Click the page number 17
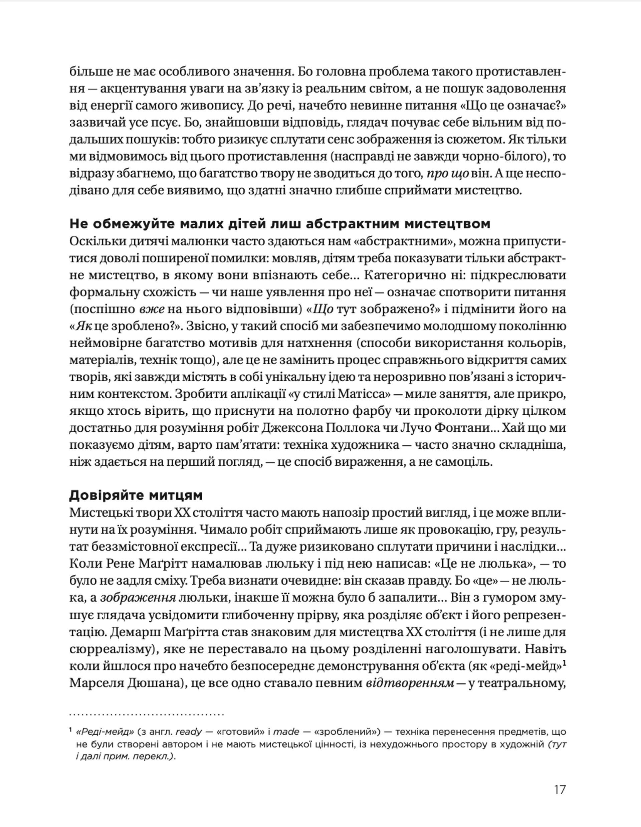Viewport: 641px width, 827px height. (x=559, y=790)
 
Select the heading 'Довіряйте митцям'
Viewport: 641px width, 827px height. (x=136, y=495)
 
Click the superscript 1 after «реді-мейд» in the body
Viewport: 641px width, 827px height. (x=564, y=663)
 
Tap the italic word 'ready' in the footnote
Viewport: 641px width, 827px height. (x=189, y=732)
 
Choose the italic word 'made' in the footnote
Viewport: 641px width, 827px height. (x=286, y=732)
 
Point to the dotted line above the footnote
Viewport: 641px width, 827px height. (x=147, y=714)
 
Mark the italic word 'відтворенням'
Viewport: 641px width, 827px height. (x=410, y=683)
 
